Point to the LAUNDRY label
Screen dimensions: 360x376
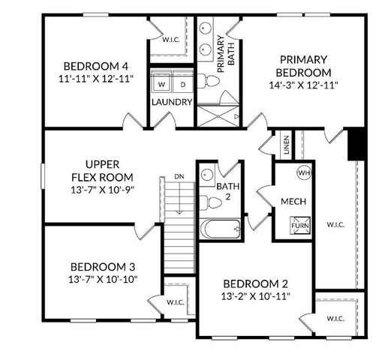point(172,102)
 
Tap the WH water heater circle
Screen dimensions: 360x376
point(303,172)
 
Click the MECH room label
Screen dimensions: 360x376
point(291,202)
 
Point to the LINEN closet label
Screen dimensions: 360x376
point(287,145)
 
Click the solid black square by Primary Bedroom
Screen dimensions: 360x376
point(356,144)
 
